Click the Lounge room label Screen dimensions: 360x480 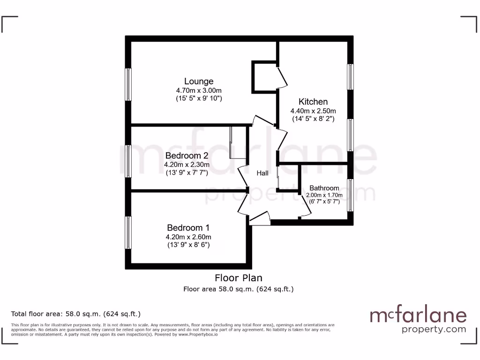(199, 81)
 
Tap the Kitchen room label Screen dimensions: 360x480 (313, 102)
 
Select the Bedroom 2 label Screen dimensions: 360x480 (187, 156)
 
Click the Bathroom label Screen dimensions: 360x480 (324, 188)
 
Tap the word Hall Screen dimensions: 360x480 (262, 173)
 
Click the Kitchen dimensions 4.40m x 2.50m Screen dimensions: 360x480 (313, 111)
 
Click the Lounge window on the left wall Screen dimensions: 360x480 (127, 84)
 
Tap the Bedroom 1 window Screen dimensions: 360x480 (127, 232)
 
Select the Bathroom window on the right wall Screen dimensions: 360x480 (350, 195)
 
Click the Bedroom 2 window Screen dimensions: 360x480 (127, 161)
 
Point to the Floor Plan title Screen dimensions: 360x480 (239, 278)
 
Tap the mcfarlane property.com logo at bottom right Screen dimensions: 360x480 (419, 321)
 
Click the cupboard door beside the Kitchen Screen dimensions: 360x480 (282, 78)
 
